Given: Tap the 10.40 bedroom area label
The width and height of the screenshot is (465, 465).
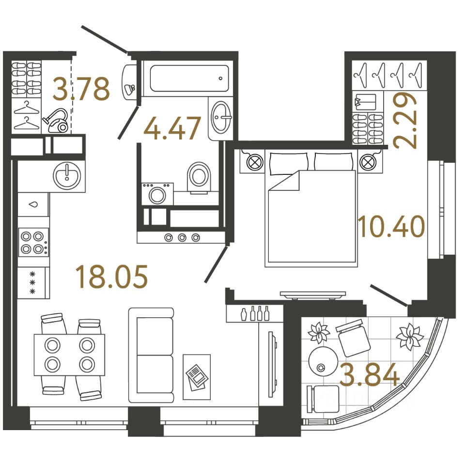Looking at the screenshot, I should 391,226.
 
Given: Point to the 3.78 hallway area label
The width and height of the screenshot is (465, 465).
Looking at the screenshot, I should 81,89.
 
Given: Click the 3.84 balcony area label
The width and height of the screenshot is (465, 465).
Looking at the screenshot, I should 370,375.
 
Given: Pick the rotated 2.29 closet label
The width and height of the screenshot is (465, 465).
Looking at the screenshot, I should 405,120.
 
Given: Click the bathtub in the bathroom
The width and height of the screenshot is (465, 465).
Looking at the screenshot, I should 188,78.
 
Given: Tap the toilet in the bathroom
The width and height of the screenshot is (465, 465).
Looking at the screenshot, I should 199,176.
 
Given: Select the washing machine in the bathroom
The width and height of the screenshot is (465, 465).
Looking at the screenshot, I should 156,194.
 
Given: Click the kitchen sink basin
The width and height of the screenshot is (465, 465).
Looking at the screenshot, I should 66,175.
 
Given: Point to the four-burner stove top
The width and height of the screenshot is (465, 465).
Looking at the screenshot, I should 33,243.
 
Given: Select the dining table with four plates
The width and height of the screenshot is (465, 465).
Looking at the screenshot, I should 69,354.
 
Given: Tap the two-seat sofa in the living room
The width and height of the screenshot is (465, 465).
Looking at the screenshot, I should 151,355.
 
